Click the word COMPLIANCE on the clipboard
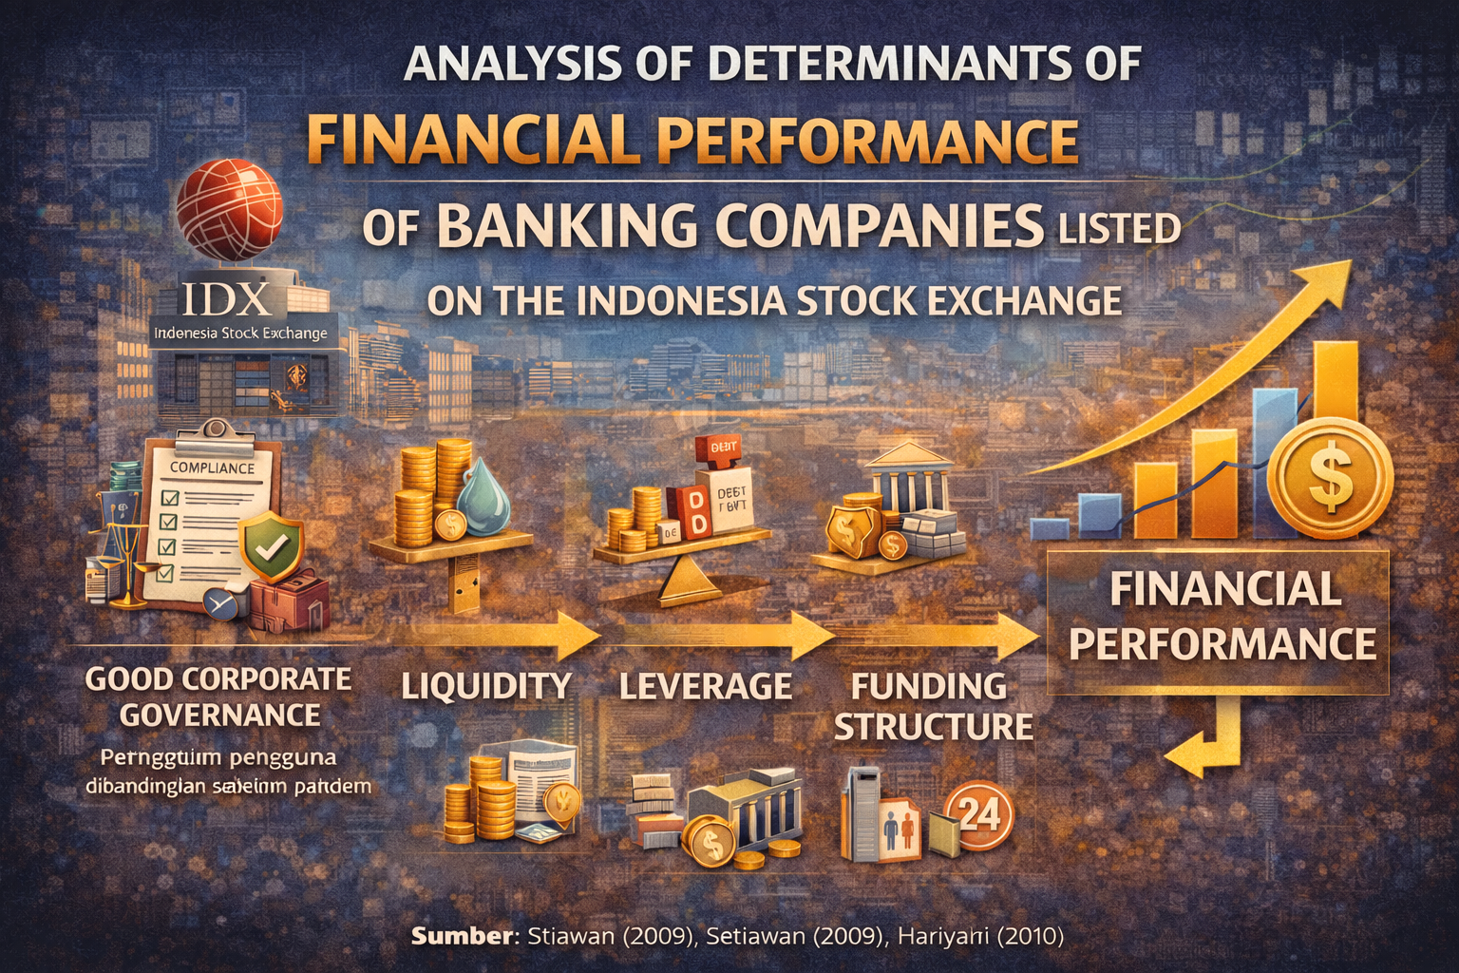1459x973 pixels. pyautogui.click(x=212, y=467)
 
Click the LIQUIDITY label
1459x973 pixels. pyautogui.click(x=486, y=685)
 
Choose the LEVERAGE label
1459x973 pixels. pyautogui.click(x=706, y=685)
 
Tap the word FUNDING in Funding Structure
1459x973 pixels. pyautogui.click(x=928, y=685)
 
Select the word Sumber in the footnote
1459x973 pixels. pyautogui.click(x=462, y=936)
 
